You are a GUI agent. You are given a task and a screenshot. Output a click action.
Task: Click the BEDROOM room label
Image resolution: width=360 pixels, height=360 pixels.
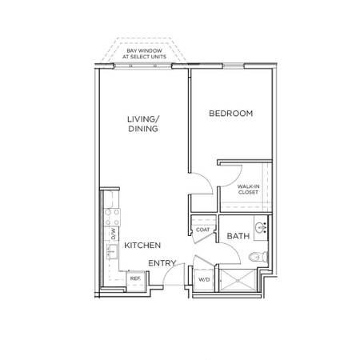coord(230,114)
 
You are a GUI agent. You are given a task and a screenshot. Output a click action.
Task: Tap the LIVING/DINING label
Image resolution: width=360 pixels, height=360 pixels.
coord(143,124)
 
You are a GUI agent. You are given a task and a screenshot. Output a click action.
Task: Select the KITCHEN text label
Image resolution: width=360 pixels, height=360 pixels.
coord(142,246)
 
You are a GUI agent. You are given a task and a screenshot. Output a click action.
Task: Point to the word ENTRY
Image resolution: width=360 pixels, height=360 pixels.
coord(162,263)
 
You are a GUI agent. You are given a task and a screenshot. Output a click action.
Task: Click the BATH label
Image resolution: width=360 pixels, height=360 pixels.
coord(238,236)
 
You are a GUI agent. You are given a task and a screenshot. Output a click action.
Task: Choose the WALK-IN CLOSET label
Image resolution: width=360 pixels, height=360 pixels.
coord(248,190)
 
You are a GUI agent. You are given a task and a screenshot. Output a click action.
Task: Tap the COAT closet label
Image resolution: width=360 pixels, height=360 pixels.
coord(202,230)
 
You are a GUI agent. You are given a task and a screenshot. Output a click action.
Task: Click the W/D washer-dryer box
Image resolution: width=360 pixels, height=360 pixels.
coord(204,280)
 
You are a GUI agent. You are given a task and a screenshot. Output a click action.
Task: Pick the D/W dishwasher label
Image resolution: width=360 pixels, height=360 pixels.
coord(114,234)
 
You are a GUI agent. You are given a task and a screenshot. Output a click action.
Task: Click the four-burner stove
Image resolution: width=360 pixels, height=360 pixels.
coord(112,217)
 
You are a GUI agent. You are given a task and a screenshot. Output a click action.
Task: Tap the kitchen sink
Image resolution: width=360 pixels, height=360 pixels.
coord(112,251)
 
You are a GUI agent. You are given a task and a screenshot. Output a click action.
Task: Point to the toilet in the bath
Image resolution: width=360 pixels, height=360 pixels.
coord(258,257)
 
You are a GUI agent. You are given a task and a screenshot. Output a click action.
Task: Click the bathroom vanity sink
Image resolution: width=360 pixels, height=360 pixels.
coord(261,228)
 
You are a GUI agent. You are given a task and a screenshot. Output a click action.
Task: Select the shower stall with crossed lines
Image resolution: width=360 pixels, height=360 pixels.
coord(238,280)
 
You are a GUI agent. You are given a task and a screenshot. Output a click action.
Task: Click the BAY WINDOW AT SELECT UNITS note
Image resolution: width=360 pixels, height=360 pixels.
coord(144,54)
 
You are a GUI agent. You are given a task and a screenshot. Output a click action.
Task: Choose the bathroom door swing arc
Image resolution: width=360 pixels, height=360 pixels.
coord(233,249)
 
